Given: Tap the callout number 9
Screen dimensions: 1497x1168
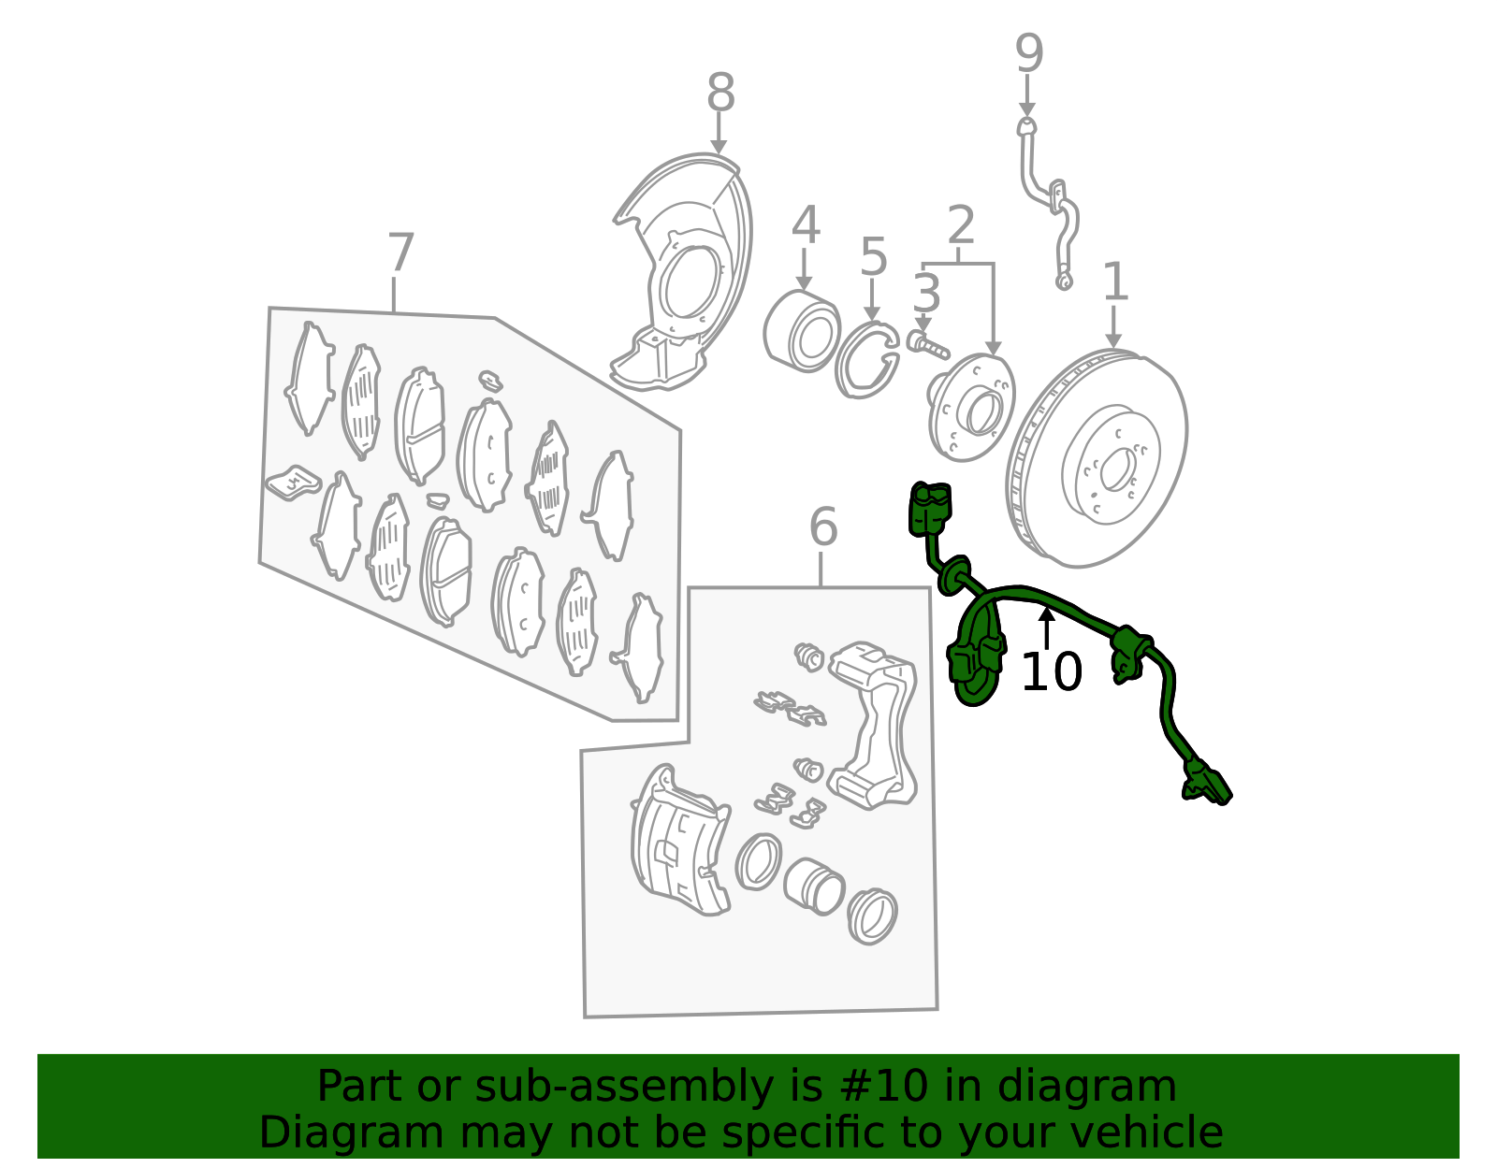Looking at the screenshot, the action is [x=1029, y=53].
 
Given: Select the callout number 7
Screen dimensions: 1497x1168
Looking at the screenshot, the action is [x=400, y=252].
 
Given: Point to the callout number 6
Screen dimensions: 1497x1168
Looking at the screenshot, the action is [x=823, y=526].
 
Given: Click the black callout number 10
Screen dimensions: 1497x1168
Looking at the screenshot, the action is [x=1052, y=671].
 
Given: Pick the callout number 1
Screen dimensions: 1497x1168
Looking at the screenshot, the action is [x=1115, y=281].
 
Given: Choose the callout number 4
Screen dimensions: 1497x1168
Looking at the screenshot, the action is [x=806, y=224].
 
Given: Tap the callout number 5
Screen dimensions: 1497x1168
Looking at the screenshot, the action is [x=874, y=257].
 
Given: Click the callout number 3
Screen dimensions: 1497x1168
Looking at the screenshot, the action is [x=926, y=293].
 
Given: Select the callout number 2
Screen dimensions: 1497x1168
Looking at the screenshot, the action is [x=961, y=224].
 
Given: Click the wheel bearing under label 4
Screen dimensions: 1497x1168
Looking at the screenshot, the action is [x=802, y=331].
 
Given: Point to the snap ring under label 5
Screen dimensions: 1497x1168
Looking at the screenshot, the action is [x=866, y=360].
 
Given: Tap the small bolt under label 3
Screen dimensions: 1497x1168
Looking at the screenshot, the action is [x=928, y=345].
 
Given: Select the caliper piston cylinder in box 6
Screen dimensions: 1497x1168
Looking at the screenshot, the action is [x=814, y=887].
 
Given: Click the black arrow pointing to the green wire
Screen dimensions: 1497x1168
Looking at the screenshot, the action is [x=1047, y=628].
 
